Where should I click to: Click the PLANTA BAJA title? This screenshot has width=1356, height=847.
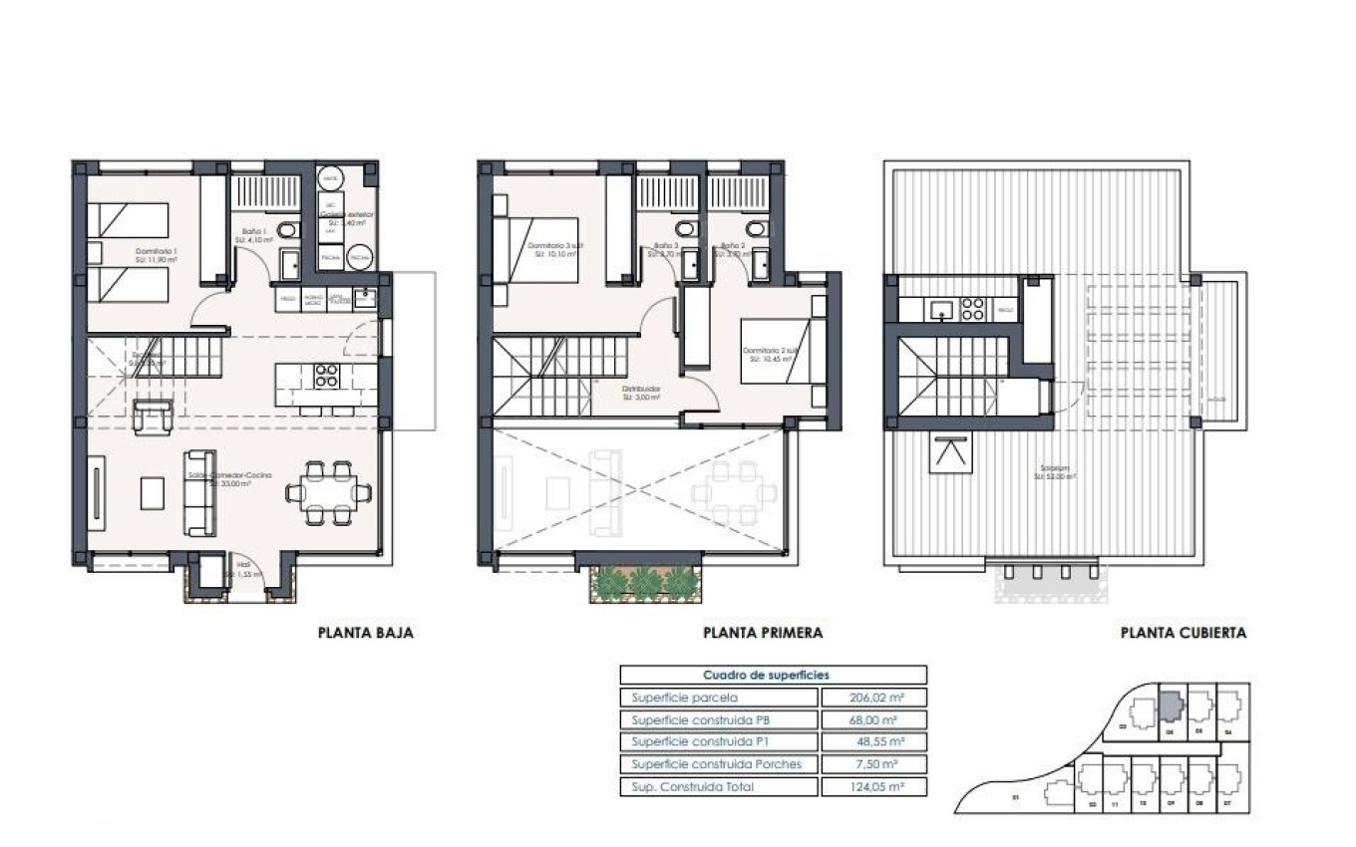tap(365, 632)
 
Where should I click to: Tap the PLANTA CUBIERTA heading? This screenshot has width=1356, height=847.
tap(1183, 632)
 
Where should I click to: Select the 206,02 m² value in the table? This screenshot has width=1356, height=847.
tap(872, 698)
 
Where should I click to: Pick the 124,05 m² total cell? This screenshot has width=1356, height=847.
tap(872, 787)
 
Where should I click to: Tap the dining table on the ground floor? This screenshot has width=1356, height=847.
tap(328, 491)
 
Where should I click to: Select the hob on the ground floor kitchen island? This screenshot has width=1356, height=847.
tap(327, 376)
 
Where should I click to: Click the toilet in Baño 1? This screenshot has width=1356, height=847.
tap(287, 231)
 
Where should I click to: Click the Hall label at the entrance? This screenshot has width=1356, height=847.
tap(245, 574)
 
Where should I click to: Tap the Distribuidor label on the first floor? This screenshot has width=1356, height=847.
tap(638, 391)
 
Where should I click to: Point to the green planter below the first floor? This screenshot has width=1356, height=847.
tap(647, 583)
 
